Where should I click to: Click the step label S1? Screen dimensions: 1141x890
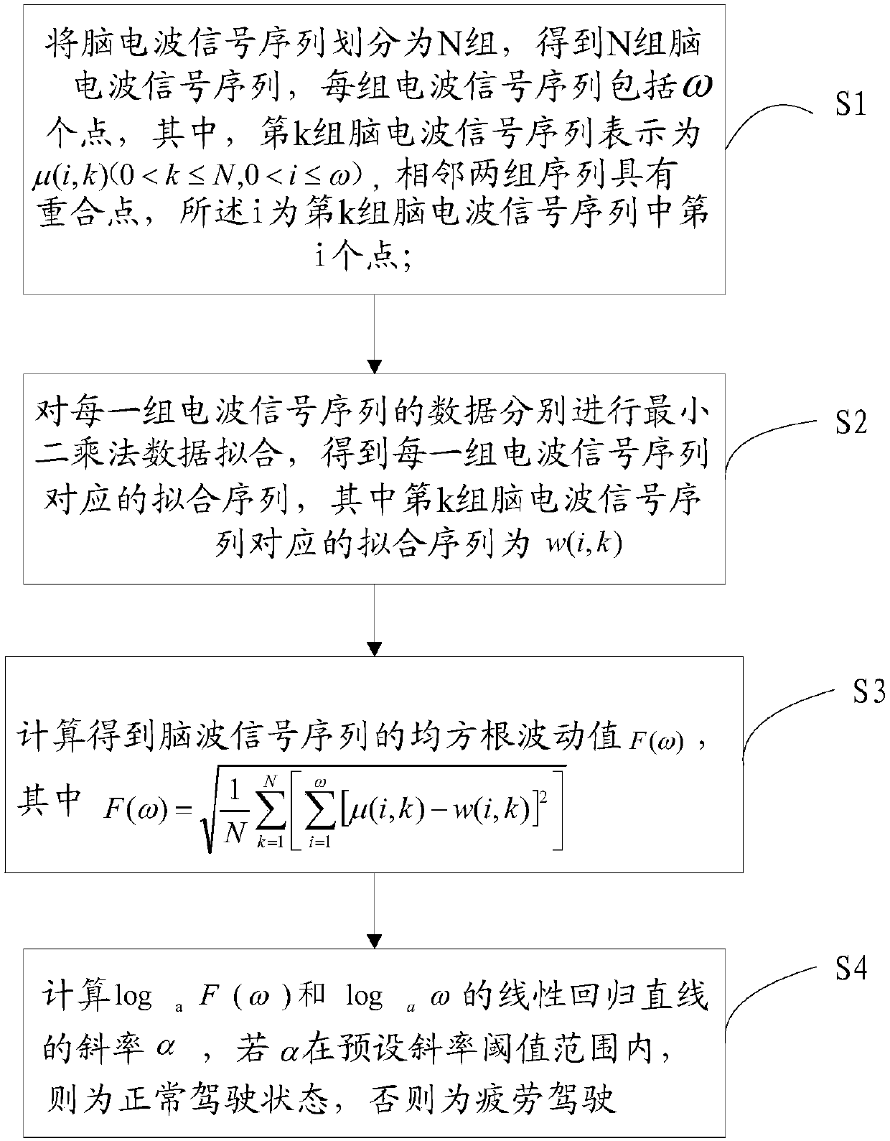[x=850, y=106]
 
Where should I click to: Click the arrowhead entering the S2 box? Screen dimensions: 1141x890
[x=374, y=366]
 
